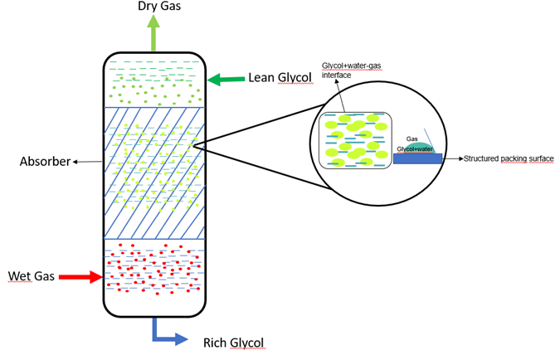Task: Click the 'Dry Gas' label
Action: point(154,7)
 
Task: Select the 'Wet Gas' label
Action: point(31,276)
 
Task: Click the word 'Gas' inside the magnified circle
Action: point(411,139)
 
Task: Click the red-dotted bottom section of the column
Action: point(153,270)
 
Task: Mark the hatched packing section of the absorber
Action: point(153,173)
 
